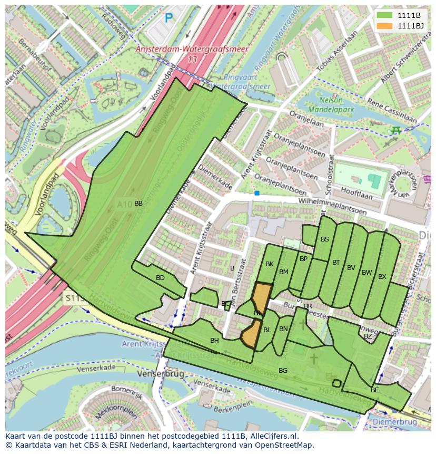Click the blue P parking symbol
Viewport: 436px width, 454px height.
(x=169, y=18)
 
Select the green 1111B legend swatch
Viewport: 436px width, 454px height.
(x=384, y=15)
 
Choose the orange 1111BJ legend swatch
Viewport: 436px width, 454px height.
(x=384, y=26)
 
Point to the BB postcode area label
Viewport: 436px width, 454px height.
(x=138, y=204)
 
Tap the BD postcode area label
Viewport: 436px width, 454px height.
(x=160, y=278)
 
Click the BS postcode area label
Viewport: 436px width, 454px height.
(x=325, y=239)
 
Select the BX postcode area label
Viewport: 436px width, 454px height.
(x=382, y=277)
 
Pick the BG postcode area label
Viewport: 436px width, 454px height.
(x=283, y=371)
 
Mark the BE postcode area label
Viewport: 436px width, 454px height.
(x=375, y=390)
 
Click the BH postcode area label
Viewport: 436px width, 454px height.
(x=214, y=341)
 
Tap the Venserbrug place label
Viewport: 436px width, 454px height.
(x=160, y=373)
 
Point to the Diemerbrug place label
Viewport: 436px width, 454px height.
(x=394, y=422)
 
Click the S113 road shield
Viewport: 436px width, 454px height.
(x=75, y=298)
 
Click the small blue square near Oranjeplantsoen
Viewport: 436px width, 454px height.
(x=257, y=194)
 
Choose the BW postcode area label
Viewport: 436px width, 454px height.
(x=366, y=273)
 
